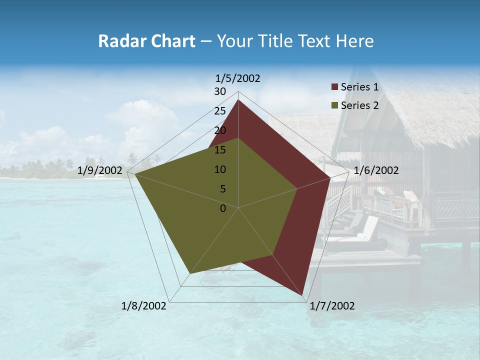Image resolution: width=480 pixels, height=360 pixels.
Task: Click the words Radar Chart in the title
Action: (146, 41)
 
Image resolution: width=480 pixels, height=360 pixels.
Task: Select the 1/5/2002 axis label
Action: (238, 78)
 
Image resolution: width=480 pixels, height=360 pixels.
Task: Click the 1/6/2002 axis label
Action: (376, 170)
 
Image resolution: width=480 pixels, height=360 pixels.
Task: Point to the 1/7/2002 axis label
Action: (332, 306)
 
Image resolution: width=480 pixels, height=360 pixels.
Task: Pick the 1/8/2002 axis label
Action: (144, 306)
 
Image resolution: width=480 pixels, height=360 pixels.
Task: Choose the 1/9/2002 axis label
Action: (100, 170)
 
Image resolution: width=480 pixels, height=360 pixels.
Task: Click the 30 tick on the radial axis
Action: (220, 91)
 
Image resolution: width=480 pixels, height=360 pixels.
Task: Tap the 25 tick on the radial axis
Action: (220, 111)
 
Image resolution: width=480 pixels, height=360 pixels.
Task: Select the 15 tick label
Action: (220, 150)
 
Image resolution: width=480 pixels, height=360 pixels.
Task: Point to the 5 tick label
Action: (222, 189)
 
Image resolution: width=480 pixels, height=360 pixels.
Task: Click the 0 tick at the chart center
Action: (223, 208)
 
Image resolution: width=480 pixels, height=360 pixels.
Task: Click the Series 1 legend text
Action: (359, 87)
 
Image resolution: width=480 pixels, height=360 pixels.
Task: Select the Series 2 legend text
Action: (359, 105)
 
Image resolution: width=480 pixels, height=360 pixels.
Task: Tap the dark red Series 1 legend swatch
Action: (335, 87)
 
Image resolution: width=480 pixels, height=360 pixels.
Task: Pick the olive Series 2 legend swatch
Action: (335, 105)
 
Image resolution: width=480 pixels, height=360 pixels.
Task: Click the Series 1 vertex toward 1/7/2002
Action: (303, 297)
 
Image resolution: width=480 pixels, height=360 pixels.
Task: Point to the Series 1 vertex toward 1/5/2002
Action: (238, 99)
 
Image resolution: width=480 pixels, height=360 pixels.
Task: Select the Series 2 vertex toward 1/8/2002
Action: (190, 273)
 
